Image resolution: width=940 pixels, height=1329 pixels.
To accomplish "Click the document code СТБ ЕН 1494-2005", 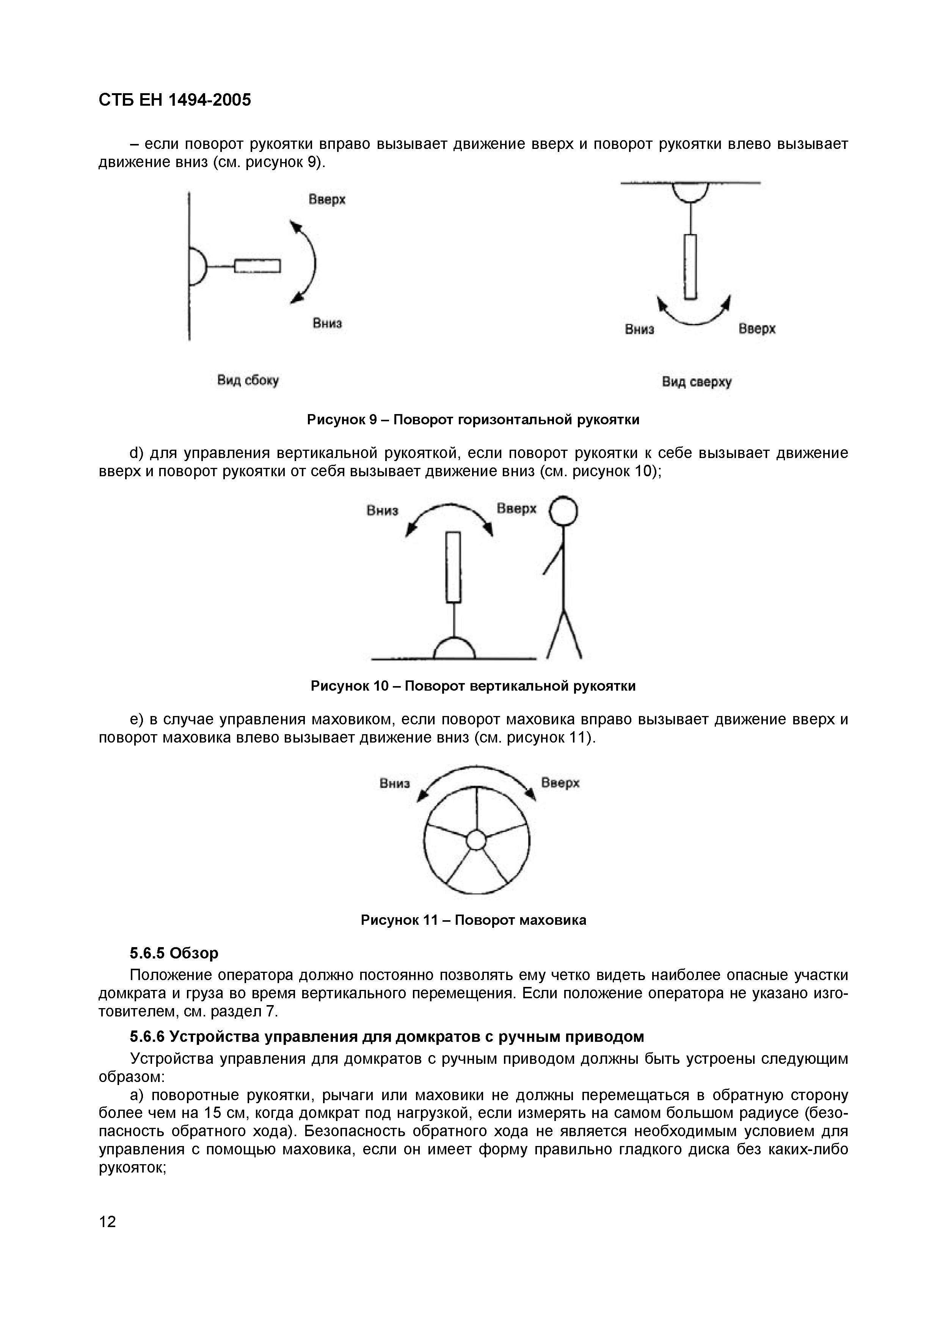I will [x=175, y=100].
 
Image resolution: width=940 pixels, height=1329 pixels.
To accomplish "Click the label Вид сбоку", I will [x=248, y=380].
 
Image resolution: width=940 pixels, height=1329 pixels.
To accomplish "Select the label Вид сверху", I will [x=697, y=382].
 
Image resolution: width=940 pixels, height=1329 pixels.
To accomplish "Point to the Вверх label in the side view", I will [x=326, y=200].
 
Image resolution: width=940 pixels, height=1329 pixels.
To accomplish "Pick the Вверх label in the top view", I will [x=756, y=329].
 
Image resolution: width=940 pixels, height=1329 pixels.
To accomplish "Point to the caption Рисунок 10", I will [x=472, y=686].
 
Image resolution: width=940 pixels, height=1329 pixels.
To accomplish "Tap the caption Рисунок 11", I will [x=472, y=920].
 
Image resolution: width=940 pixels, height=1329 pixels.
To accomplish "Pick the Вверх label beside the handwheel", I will [x=560, y=783].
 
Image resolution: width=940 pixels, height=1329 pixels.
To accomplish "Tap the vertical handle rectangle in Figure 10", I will [x=454, y=567].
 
